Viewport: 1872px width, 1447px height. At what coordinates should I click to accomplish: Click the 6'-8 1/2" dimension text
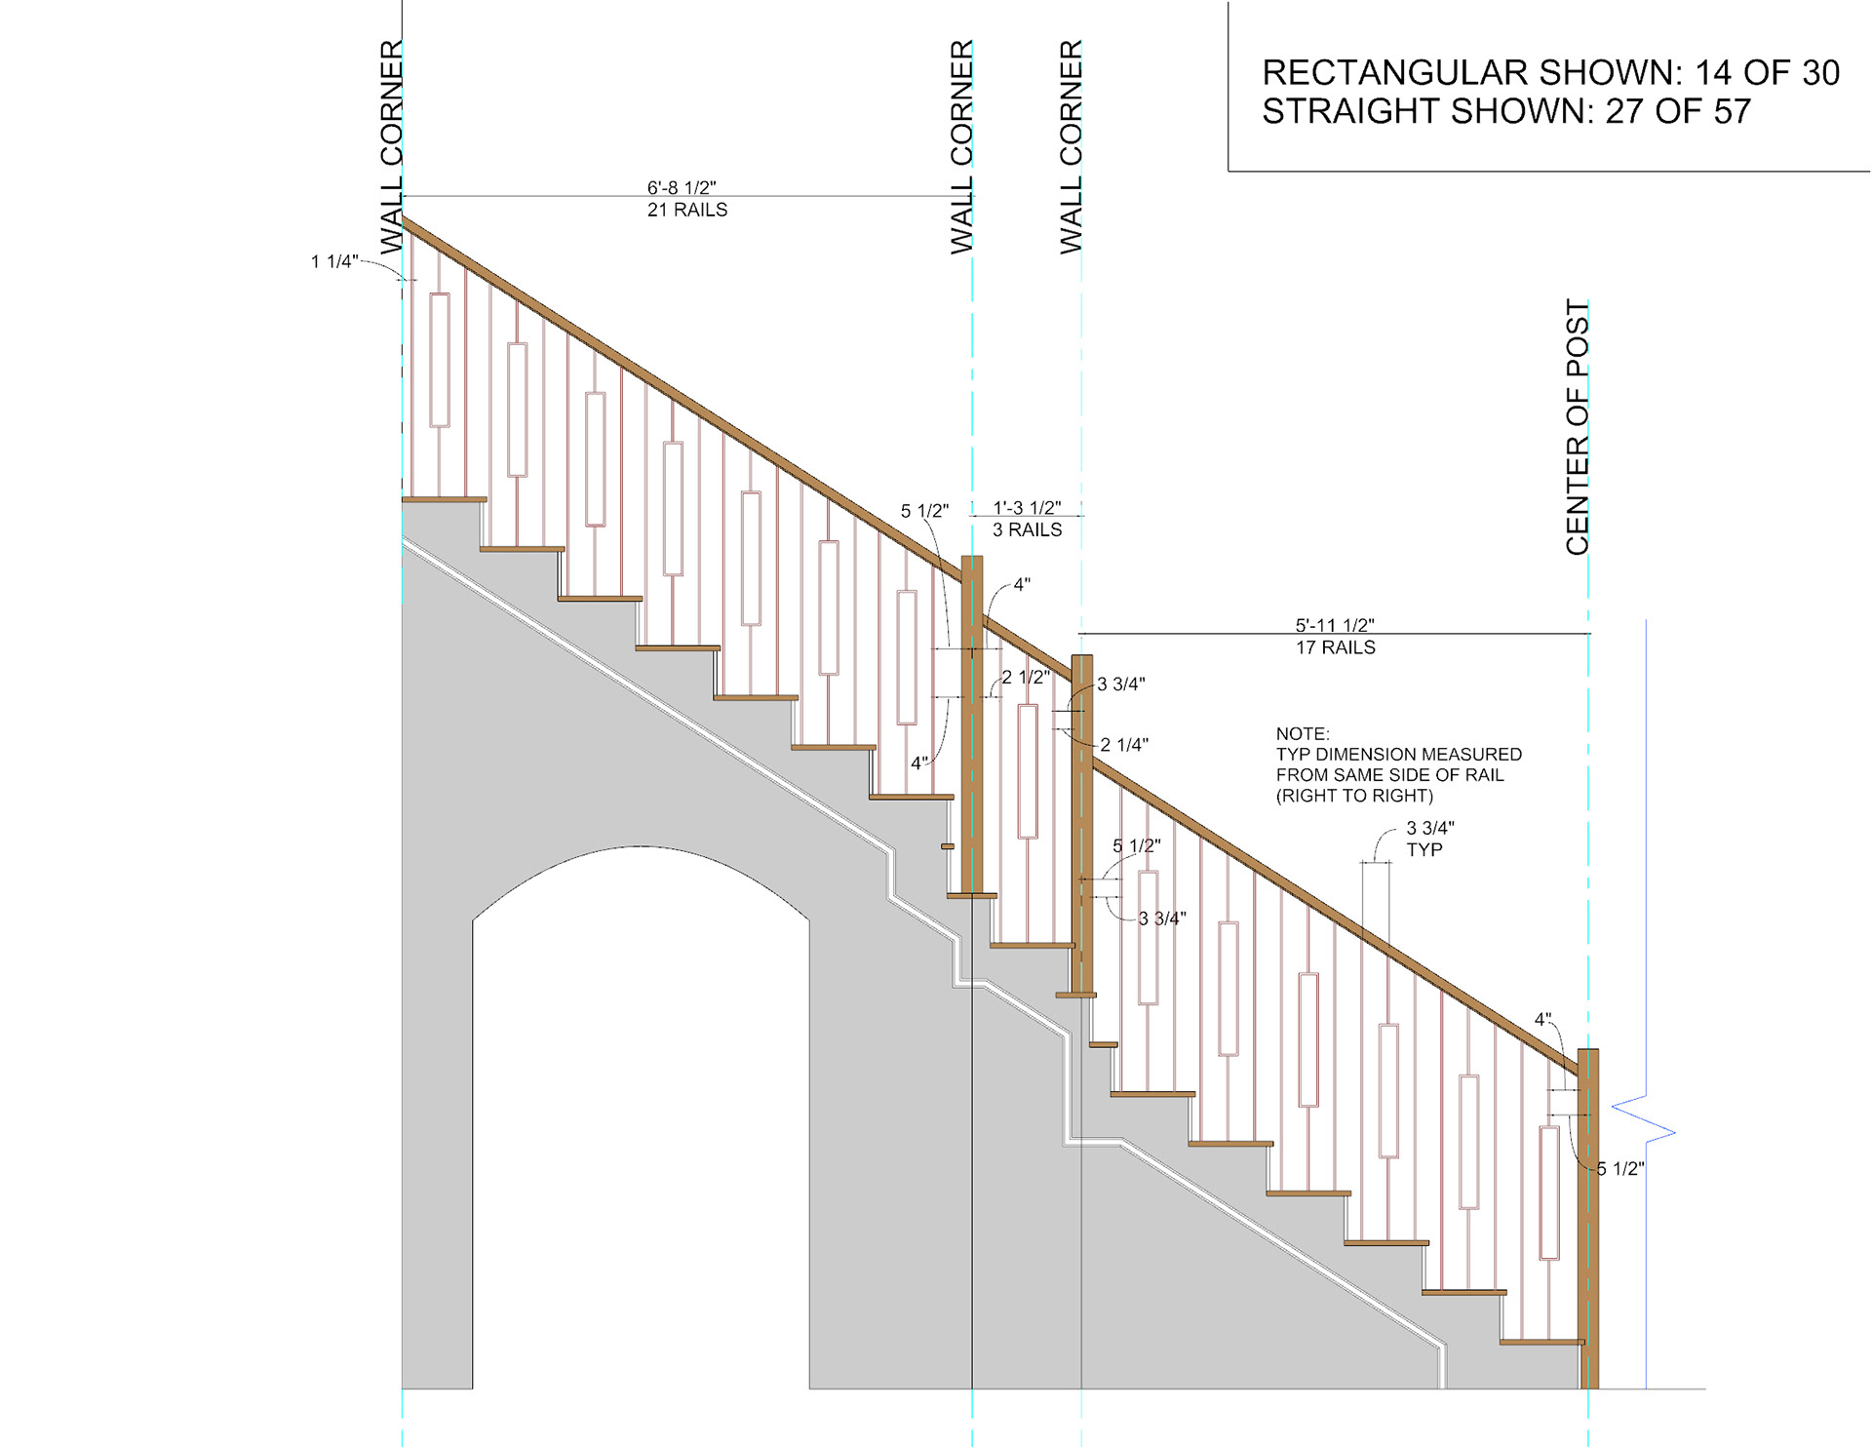point(682,187)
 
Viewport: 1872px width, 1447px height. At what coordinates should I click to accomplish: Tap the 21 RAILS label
point(687,210)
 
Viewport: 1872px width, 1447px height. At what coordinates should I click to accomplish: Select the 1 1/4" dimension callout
point(334,261)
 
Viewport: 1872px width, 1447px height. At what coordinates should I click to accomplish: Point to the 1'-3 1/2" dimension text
point(1027,508)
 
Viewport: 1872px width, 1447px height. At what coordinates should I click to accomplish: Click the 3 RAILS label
point(1027,529)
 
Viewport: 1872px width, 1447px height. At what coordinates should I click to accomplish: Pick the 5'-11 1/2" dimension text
point(1335,625)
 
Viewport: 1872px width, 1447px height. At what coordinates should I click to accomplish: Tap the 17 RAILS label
point(1335,647)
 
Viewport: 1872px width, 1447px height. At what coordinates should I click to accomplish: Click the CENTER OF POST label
point(1577,427)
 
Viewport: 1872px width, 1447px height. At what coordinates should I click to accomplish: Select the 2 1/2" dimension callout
point(1026,677)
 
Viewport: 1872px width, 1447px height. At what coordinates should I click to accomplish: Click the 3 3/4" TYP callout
point(1429,839)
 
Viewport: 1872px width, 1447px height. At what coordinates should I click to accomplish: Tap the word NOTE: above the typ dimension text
point(1303,733)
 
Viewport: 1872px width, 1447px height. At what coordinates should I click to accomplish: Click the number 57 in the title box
point(1732,111)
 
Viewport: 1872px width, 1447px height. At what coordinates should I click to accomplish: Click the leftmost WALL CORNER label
point(391,146)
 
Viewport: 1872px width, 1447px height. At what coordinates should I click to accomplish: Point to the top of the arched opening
point(641,847)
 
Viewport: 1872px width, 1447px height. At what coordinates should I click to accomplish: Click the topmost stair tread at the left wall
point(444,499)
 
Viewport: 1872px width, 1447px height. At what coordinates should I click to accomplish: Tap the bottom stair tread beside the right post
point(1540,1343)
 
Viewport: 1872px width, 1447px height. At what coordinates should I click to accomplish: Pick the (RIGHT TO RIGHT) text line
point(1354,796)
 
